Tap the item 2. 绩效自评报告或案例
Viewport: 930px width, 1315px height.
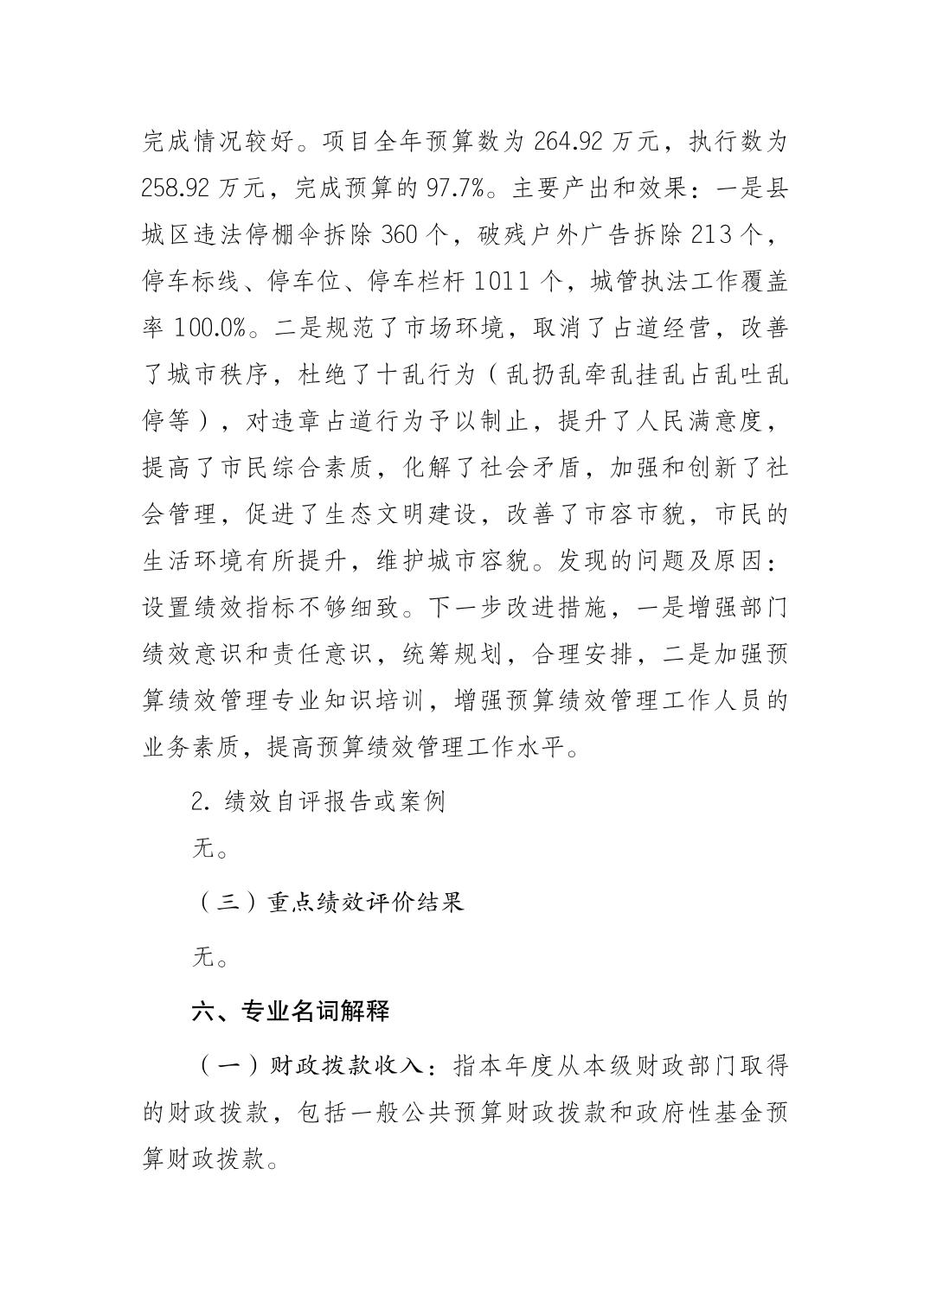(318, 801)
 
